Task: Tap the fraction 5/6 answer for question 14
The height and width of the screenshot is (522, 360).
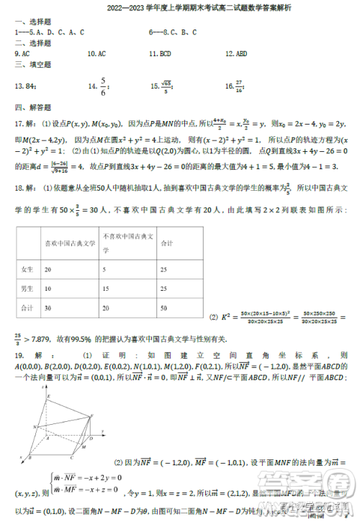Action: coord(104,86)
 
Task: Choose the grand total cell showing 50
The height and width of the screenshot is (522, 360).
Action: coord(165,307)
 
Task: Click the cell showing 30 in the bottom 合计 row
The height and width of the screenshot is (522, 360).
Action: coord(48,307)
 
